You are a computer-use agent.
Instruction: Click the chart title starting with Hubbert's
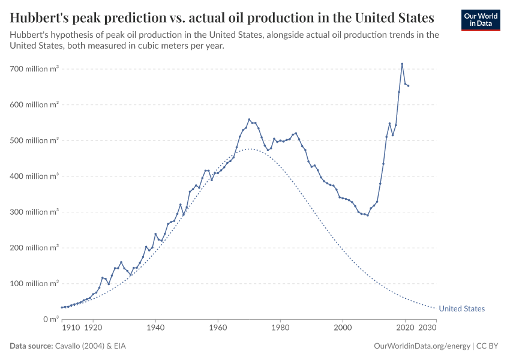point(222,16)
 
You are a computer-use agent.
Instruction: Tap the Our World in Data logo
point(481,20)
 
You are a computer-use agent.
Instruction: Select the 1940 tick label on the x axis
point(155,329)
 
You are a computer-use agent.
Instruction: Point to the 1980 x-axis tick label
point(280,329)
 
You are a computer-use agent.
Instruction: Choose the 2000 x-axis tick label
point(343,329)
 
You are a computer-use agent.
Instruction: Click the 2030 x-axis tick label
point(427,329)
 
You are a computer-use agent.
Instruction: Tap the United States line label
point(461,309)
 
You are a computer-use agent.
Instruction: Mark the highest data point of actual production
point(402,64)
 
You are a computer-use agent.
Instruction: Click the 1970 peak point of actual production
point(249,119)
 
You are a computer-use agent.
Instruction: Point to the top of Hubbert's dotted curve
point(250,149)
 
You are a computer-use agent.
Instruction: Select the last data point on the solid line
point(409,86)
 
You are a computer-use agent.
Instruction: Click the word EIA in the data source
point(120,346)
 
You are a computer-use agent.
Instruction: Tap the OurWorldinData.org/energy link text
point(422,346)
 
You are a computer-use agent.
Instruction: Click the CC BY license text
point(488,346)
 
